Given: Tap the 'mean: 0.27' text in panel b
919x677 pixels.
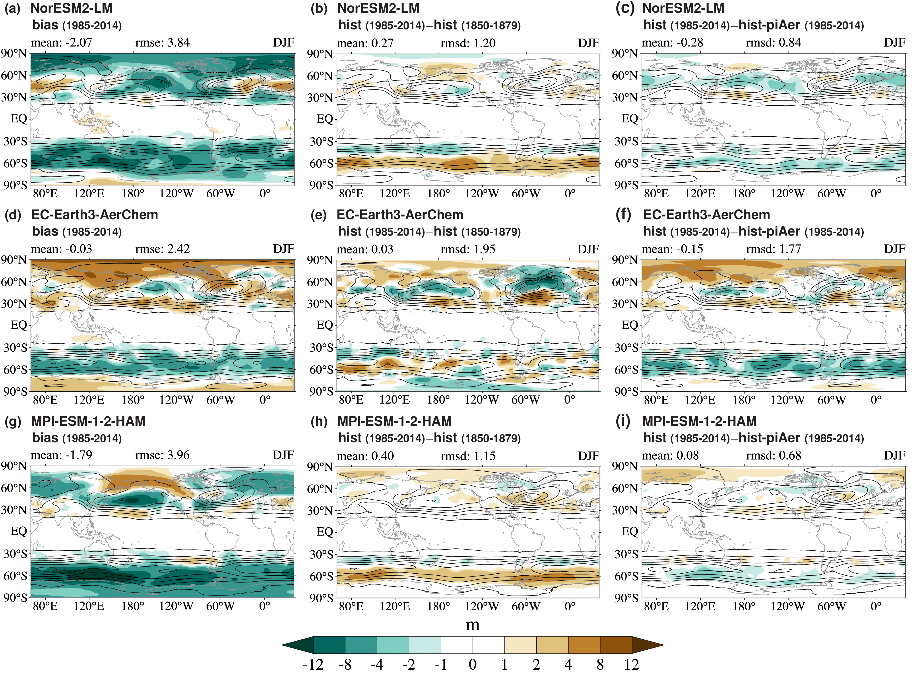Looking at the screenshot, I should click(365, 43).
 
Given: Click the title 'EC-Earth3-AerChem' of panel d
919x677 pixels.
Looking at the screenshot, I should click(95, 215).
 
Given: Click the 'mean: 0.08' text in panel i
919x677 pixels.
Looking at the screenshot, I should click(670, 456).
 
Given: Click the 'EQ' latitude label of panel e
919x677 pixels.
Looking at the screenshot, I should click(325, 325).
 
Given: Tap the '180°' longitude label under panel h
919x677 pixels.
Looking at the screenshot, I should click(438, 607).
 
